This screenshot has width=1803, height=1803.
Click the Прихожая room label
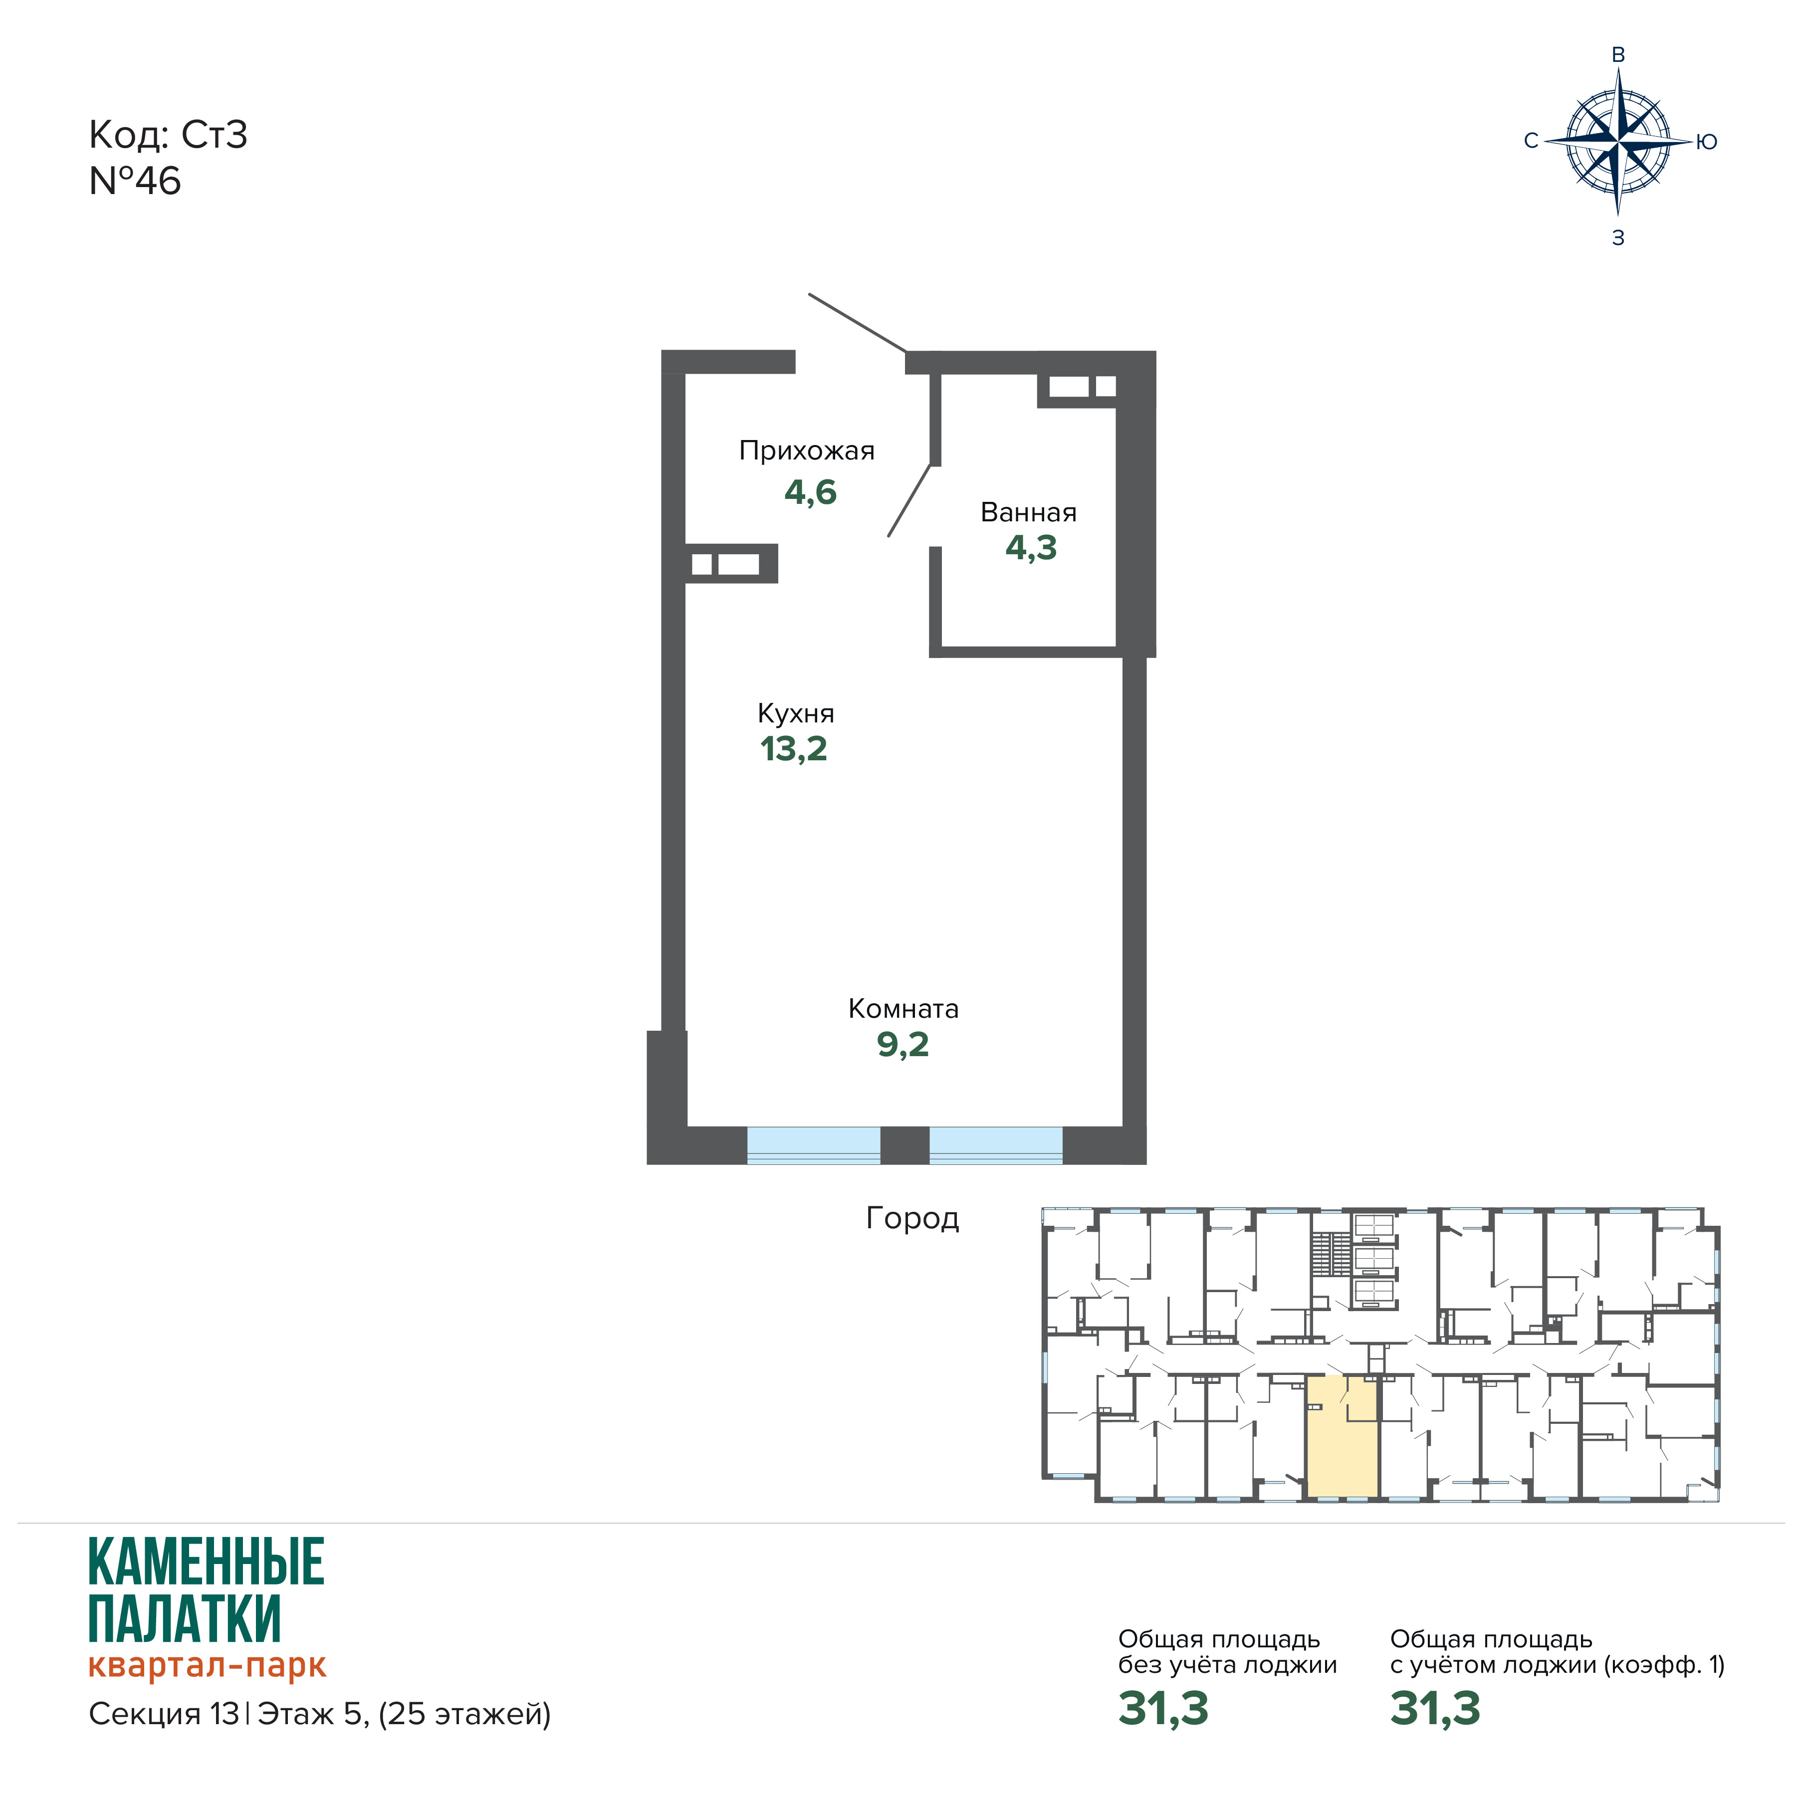(806, 451)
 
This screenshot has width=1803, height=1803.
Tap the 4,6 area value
(810, 492)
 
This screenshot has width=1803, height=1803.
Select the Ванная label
(1028, 512)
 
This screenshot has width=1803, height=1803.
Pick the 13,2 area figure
(793, 748)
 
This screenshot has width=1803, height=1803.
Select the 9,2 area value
(902, 1044)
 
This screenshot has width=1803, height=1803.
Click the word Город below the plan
(912, 1218)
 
